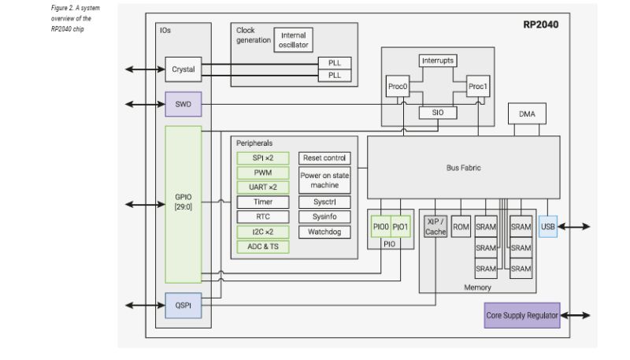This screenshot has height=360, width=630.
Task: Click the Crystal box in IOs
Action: tap(183, 69)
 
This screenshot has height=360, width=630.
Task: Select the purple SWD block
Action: tap(183, 104)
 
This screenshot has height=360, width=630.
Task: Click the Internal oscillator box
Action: tap(293, 40)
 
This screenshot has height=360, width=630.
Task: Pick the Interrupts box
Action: tap(438, 61)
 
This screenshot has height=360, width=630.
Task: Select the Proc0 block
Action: tap(397, 87)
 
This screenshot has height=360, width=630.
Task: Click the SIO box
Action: tap(438, 113)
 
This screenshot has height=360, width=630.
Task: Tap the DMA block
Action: tap(527, 114)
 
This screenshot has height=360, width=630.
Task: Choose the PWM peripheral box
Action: tap(263, 173)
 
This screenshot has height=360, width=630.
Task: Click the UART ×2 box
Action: tap(263, 187)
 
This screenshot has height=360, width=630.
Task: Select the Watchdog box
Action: tap(324, 232)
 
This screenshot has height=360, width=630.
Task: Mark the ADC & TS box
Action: tap(263, 247)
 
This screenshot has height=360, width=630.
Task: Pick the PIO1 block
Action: tap(402, 227)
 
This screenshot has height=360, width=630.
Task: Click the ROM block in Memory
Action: tap(461, 227)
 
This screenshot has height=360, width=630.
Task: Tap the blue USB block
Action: tap(548, 227)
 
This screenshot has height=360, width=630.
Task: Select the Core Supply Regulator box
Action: tap(522, 316)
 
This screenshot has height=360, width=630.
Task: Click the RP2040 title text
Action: tap(541, 24)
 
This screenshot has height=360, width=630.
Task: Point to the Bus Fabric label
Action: tap(463, 168)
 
